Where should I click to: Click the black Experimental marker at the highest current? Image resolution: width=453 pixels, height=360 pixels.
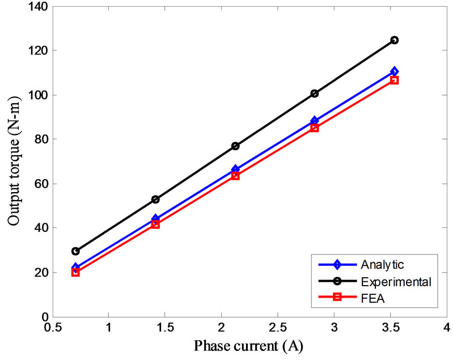pyautogui.click(x=394, y=40)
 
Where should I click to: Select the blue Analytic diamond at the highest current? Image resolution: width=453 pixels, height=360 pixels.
pyautogui.click(x=394, y=71)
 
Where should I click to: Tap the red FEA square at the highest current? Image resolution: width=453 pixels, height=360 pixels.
pyautogui.click(x=394, y=80)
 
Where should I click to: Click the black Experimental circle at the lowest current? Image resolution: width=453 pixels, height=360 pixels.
pyautogui.click(x=75, y=251)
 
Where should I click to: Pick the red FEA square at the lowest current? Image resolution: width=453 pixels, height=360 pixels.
pyautogui.click(x=75, y=272)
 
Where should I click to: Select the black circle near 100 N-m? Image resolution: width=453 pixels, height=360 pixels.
pyautogui.click(x=315, y=94)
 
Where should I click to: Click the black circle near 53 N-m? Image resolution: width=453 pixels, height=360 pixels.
pyautogui.click(x=155, y=200)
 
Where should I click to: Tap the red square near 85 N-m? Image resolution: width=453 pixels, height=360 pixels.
pyautogui.click(x=315, y=128)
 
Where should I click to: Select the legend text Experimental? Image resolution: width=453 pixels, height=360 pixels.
pyautogui.click(x=396, y=281)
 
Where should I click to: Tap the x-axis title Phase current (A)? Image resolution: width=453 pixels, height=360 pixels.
pyautogui.click(x=248, y=345)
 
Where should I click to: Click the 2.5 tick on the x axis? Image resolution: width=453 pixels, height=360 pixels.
pyautogui.click(x=277, y=328)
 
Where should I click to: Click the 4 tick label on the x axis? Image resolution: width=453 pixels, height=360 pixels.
pyautogui.click(x=446, y=328)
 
